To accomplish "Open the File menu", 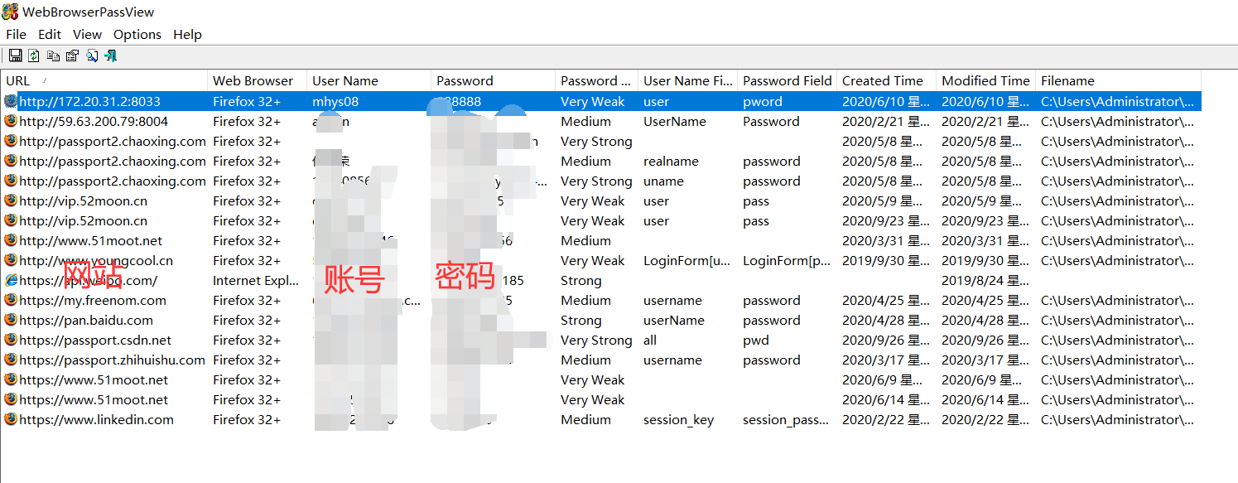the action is coord(16,35).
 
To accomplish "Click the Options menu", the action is coord(137,35).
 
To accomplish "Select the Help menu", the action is coord(187,35).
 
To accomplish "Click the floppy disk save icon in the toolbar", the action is coord(15,56).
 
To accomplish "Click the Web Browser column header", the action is coord(253,81).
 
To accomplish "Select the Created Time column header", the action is coord(882,81).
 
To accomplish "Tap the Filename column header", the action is coord(1067,81).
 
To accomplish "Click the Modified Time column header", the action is coord(985,81).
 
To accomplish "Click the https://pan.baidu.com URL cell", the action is coord(86,321).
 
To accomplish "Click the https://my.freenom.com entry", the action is coord(93,301).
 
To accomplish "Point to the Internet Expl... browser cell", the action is coord(256,281).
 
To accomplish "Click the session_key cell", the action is coord(678,420).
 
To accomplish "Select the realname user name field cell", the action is coord(671,162).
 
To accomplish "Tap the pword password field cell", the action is coord(762,102).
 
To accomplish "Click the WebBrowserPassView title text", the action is coord(88,12).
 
